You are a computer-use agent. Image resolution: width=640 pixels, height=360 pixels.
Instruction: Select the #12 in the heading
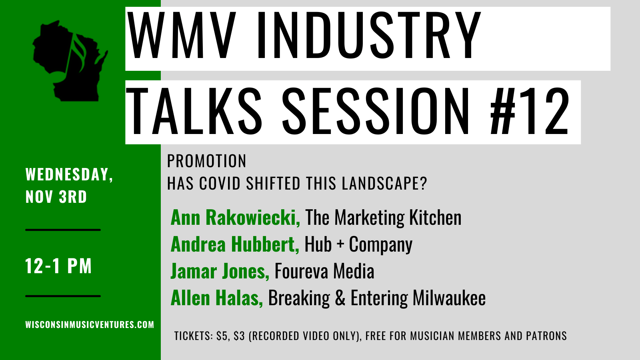[530, 111]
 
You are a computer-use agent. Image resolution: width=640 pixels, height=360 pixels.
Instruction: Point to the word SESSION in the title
[376, 111]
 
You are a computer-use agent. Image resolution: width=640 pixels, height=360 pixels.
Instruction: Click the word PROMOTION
[206, 161]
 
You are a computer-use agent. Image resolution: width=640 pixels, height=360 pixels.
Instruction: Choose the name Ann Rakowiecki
[235, 217]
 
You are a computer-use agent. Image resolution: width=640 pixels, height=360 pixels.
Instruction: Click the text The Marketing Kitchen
[384, 218]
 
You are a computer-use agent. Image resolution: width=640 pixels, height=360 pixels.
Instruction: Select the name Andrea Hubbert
[235, 244]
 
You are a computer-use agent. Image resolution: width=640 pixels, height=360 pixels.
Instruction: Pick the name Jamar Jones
[220, 271]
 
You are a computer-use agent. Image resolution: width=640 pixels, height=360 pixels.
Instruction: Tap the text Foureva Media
[324, 271]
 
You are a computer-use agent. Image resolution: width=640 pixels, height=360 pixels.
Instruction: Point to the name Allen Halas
[216, 298]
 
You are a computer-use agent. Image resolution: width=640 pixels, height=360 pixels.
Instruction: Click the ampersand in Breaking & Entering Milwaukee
[340, 298]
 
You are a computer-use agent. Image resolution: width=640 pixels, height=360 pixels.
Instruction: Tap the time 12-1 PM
[58, 266]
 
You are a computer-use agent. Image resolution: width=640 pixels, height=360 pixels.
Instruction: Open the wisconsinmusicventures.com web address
[90, 324]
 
